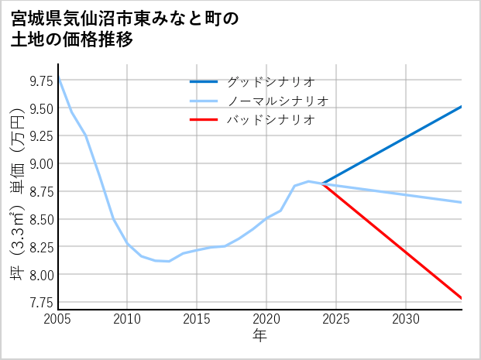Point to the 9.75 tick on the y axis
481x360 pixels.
41,80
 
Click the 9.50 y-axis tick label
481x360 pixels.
41,108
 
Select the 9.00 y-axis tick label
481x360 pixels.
41,163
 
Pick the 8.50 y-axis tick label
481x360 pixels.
41,219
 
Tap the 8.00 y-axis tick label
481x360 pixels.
41,275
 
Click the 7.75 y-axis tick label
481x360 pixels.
41,302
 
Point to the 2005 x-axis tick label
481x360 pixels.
58,319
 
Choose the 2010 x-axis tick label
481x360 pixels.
128,319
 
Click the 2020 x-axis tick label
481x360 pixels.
266,319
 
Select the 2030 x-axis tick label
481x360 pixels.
406,319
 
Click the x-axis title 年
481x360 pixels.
260,336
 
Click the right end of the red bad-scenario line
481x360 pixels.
462,298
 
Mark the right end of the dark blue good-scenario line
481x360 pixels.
462,106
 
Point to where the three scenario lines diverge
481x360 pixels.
323,183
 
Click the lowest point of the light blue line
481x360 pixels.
169,262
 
